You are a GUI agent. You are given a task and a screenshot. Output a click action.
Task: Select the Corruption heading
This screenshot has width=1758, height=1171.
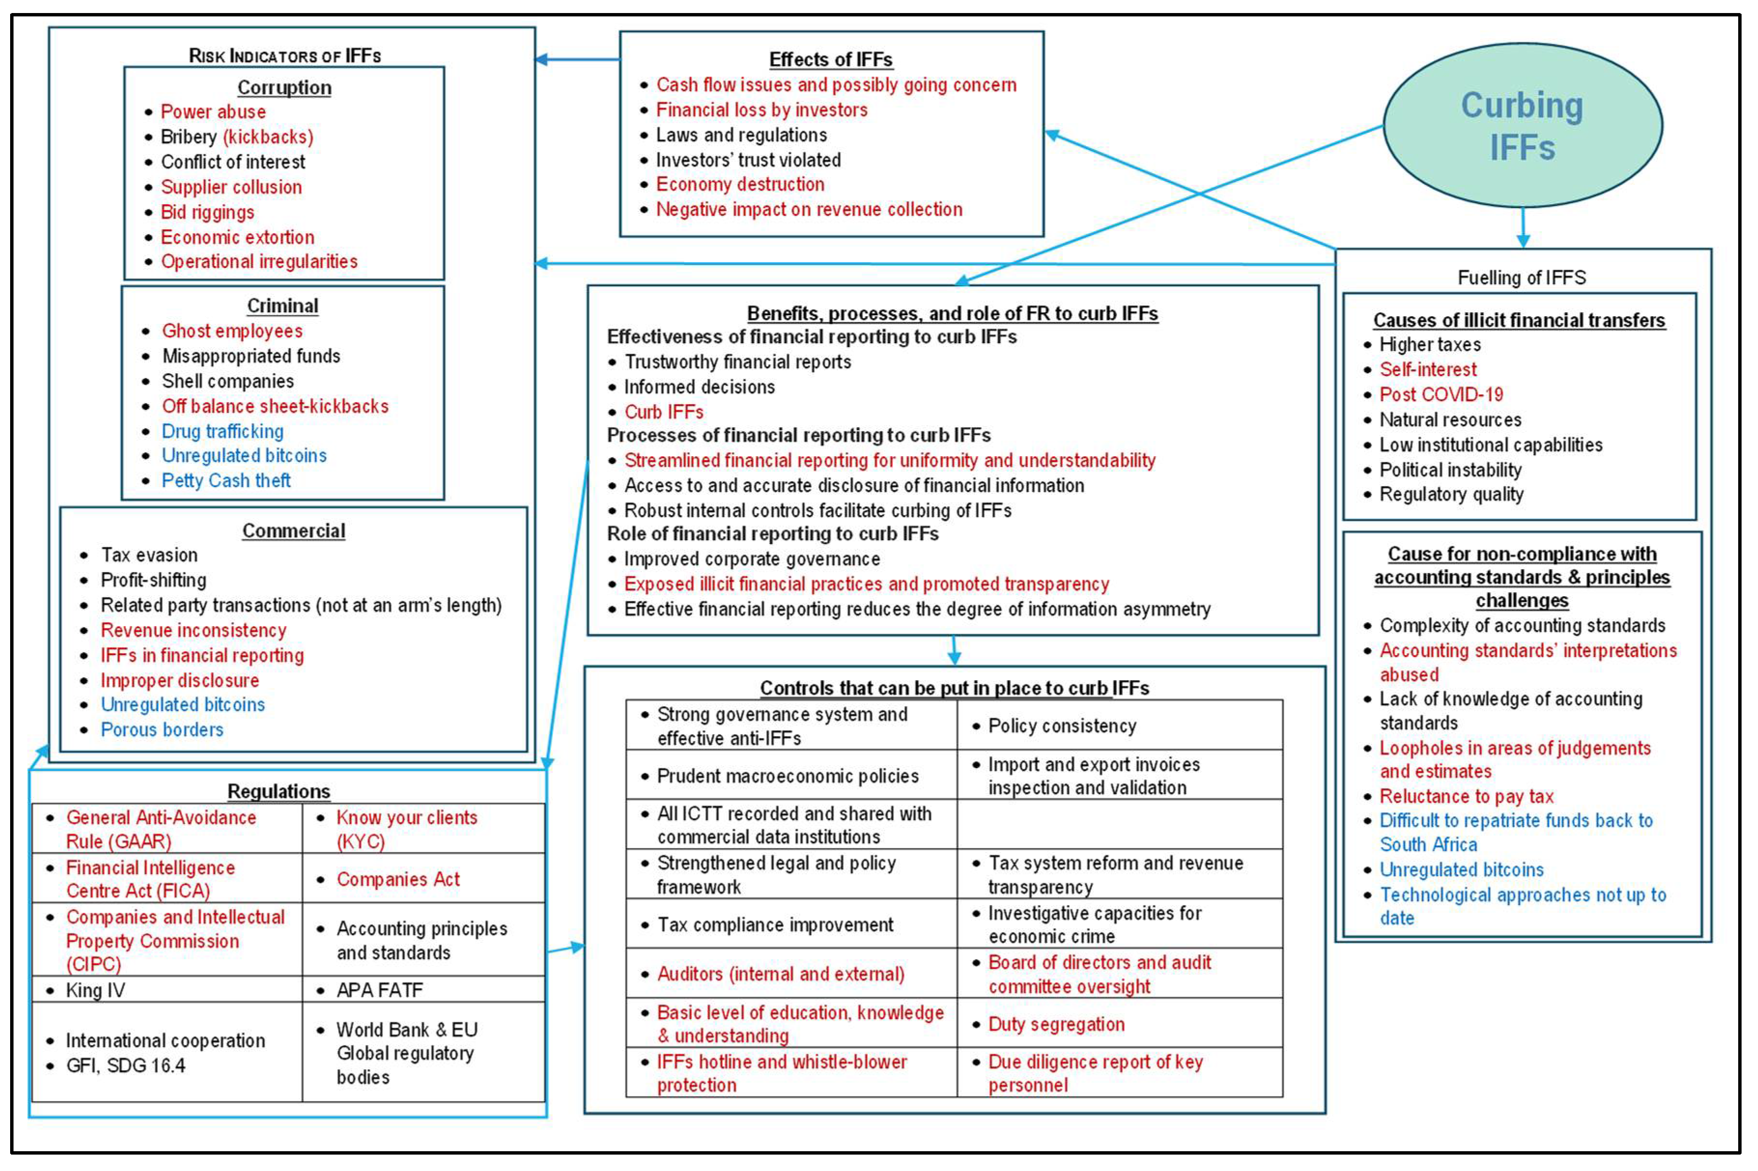pos(284,87)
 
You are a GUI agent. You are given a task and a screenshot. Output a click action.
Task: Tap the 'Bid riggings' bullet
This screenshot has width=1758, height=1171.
pos(207,212)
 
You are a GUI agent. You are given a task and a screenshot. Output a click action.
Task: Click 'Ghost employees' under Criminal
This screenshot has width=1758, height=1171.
pos(232,331)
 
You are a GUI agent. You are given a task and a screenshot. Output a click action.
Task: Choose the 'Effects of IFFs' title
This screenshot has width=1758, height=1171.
pos(830,59)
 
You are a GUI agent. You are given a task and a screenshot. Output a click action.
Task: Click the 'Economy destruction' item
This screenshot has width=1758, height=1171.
pos(739,184)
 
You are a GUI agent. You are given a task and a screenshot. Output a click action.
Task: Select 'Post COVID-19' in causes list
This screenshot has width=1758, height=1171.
pos(1441,394)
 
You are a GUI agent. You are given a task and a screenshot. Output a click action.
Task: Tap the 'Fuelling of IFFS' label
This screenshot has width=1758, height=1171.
pos(1521,278)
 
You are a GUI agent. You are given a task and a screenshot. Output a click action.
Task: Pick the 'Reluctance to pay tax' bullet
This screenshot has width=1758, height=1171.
pos(1466,796)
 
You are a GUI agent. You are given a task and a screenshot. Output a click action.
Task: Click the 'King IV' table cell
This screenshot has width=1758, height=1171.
pos(95,990)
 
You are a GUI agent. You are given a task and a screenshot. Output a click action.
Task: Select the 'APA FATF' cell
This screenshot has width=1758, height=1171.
pos(380,990)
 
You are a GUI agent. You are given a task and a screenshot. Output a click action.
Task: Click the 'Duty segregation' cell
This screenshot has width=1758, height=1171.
pos(1056,1024)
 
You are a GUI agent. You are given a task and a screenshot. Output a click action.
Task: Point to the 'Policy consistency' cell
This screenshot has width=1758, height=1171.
pos(1062,726)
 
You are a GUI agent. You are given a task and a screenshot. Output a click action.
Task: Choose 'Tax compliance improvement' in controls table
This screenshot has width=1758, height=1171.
pos(775,924)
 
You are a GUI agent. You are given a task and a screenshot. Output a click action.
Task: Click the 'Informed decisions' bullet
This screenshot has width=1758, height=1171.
pos(699,387)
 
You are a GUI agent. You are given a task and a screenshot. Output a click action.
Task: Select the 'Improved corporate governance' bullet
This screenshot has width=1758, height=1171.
pos(751,559)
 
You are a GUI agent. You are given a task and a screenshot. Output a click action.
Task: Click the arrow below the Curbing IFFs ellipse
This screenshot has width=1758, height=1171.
pos(1523,228)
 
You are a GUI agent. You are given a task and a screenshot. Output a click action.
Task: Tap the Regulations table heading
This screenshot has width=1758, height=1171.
pos(279,791)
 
